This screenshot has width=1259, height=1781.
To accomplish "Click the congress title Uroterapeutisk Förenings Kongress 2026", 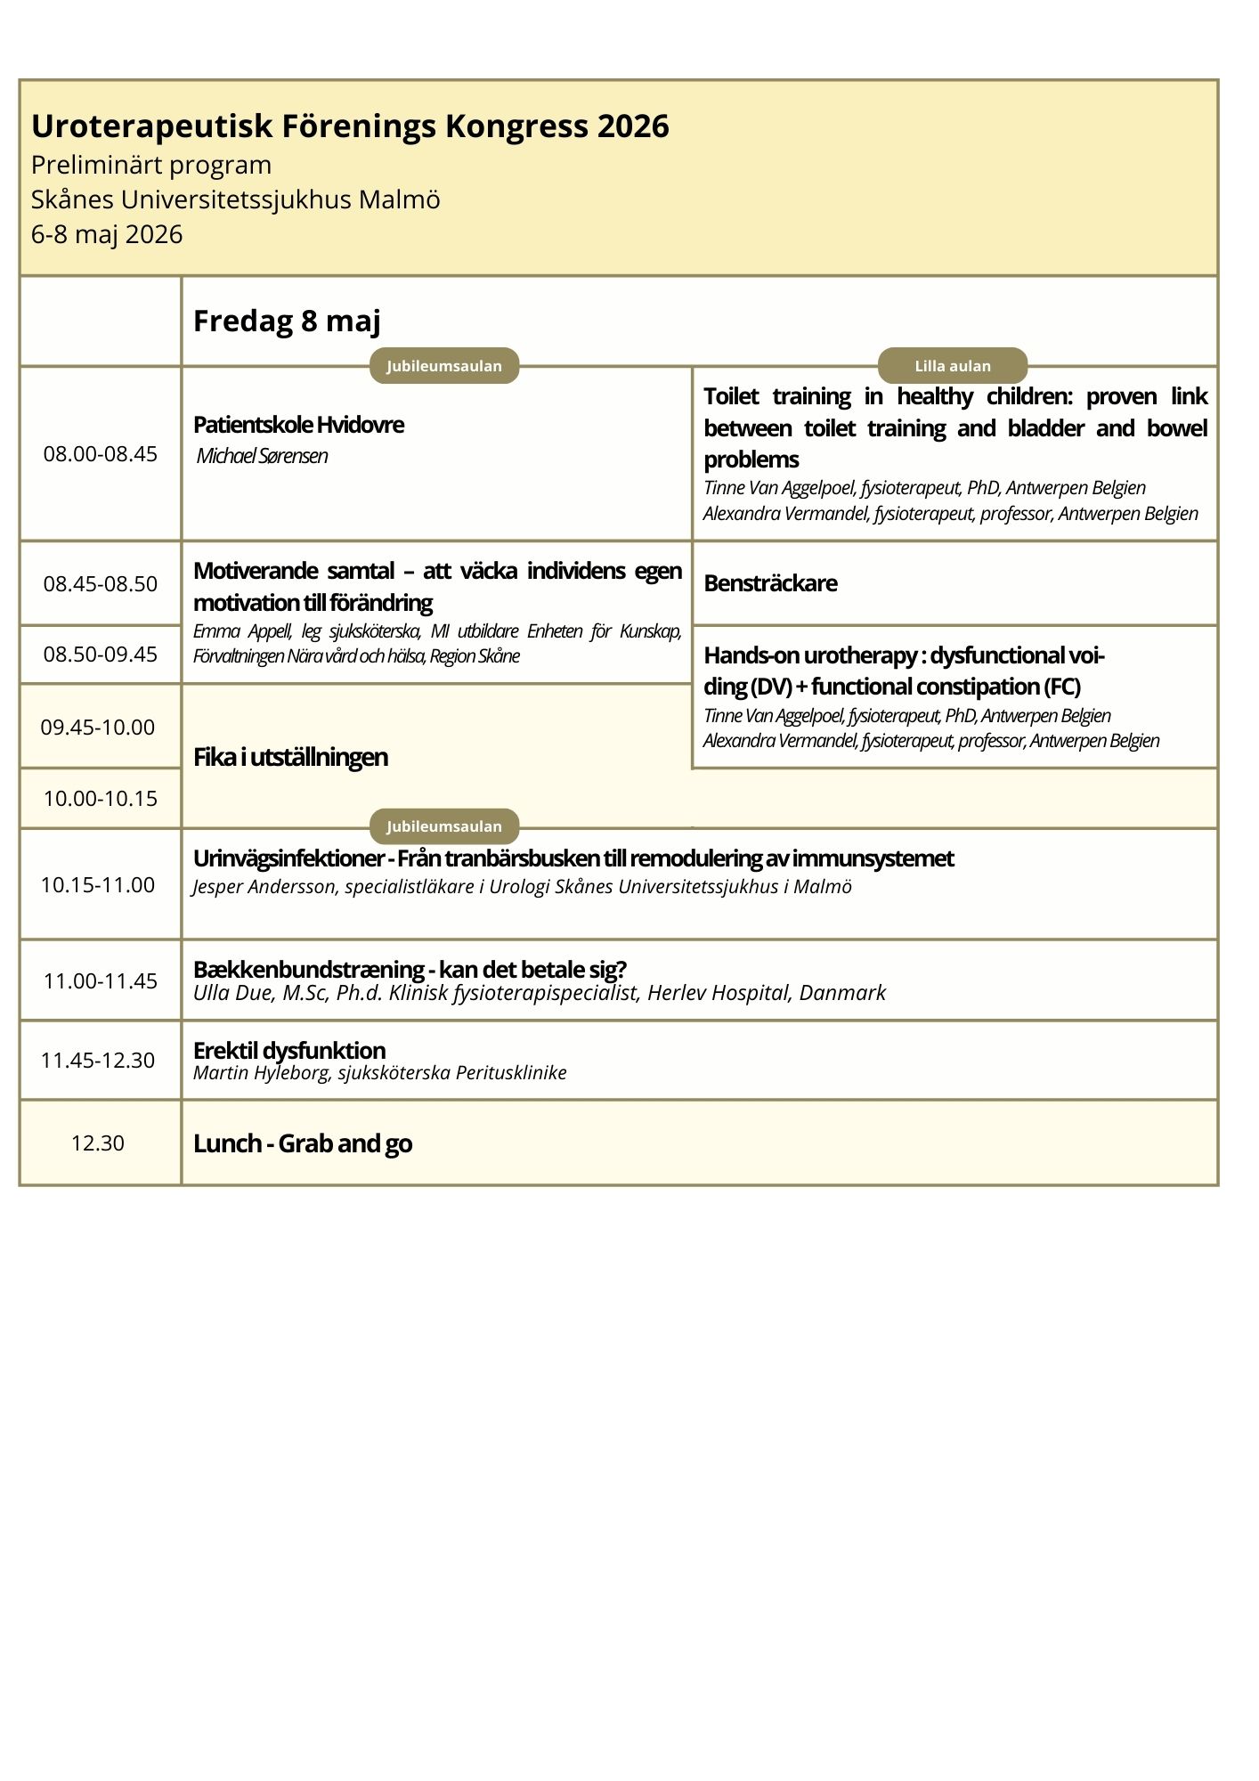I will pyautogui.click(x=350, y=126).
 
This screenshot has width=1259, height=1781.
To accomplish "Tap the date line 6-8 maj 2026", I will pyautogui.click(x=107, y=234).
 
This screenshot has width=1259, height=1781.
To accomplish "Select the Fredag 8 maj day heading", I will pyautogui.click(x=287, y=321).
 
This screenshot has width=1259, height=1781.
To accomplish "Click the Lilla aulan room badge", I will pyautogui.click(x=953, y=366).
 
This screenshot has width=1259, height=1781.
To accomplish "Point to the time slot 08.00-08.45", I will pyautogui.click(x=101, y=454).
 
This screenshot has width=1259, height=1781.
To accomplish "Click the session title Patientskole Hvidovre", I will pyautogui.click(x=298, y=425).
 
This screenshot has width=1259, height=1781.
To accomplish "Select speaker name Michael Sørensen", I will pyautogui.click(x=262, y=456).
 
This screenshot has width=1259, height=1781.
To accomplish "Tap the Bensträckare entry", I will pyautogui.click(x=770, y=583).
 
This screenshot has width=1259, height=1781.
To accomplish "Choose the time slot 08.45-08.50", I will pyautogui.click(x=101, y=584).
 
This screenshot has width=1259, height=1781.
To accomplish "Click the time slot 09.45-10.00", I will pyautogui.click(x=98, y=727).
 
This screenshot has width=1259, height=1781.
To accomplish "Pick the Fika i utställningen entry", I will pyautogui.click(x=290, y=757).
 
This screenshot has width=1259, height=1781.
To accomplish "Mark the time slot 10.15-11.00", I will pyautogui.click(x=98, y=884).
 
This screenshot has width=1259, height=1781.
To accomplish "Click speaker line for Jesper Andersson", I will pyautogui.click(x=522, y=887).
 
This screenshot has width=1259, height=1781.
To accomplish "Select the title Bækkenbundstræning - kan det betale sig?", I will pyautogui.click(x=410, y=969).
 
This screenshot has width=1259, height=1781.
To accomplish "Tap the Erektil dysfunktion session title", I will pyautogui.click(x=289, y=1050).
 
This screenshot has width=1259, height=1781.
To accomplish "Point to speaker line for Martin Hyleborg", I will pyautogui.click(x=379, y=1072).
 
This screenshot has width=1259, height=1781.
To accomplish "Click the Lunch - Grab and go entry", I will pyautogui.click(x=303, y=1143).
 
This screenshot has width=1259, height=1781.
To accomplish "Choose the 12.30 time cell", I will pyautogui.click(x=98, y=1143).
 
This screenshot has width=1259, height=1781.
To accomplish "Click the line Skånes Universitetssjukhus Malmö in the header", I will pyautogui.click(x=236, y=199).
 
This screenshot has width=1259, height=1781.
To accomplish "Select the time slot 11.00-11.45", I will pyautogui.click(x=101, y=980).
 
